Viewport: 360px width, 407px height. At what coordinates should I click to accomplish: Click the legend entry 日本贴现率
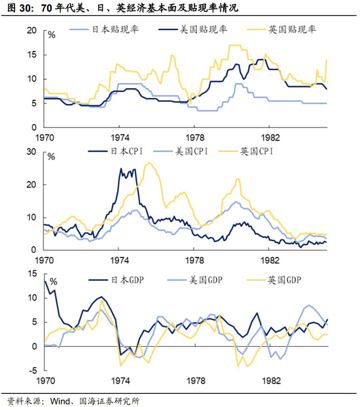coord(104,29)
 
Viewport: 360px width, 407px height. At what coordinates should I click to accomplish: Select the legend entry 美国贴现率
coord(192,29)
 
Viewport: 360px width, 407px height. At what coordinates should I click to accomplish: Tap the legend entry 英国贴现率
coord(281,29)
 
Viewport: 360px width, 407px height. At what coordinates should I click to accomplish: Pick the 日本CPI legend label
coord(115,151)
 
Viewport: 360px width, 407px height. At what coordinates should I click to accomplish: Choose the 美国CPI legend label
coord(181,151)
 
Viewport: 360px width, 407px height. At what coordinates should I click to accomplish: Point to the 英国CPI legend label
coord(246,151)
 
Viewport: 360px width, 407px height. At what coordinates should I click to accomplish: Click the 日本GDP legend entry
coord(117,280)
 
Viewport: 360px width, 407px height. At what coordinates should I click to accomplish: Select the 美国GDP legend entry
coord(195,280)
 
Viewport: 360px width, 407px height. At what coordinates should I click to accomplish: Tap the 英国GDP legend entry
coord(274,280)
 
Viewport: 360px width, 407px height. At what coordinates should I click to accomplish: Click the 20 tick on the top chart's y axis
coord(31,30)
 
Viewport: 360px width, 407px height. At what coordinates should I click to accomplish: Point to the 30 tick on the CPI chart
coord(31,152)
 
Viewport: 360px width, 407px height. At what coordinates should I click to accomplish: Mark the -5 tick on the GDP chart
coord(33,370)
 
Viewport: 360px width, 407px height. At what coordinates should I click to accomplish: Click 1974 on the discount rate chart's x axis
coord(120,137)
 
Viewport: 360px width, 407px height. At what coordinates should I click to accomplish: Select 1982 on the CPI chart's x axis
coord(270,260)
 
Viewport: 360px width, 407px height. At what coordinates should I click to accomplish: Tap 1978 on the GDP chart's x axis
coord(196,380)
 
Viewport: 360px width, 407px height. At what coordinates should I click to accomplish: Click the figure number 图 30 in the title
coord(19,8)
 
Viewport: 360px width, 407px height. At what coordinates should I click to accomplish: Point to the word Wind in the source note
coord(60,401)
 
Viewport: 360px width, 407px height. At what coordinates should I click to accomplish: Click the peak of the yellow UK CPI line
coord(149,163)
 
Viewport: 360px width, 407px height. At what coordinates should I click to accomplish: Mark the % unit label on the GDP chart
coord(53,282)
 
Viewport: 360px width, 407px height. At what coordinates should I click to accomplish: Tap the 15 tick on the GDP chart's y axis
coord(32,273)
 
